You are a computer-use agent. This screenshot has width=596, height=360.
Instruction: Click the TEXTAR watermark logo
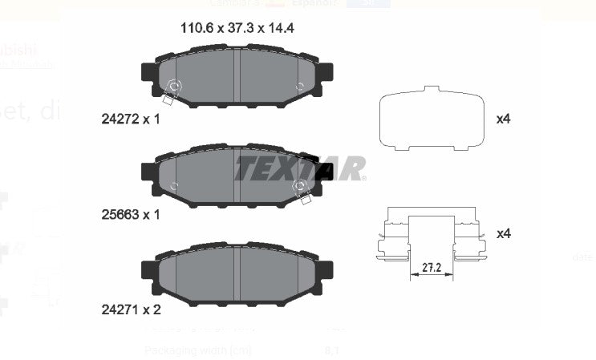coord(300,168)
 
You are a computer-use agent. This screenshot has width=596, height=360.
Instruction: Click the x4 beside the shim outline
coord(504,119)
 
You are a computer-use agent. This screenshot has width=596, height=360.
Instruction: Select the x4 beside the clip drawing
coord(504,233)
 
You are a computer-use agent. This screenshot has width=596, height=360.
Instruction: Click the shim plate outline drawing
coord(432,118)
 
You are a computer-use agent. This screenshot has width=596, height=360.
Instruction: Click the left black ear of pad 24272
coord(150,75)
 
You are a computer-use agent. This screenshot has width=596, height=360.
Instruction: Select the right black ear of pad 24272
coord(326,75)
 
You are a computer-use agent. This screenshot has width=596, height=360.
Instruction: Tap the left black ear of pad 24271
coord(150,271)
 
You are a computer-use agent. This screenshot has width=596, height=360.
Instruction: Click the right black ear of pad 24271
coord(326,271)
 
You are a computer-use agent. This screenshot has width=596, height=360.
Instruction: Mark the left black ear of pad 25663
coord(150,172)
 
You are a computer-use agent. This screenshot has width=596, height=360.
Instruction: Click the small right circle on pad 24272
coord(300,86)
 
